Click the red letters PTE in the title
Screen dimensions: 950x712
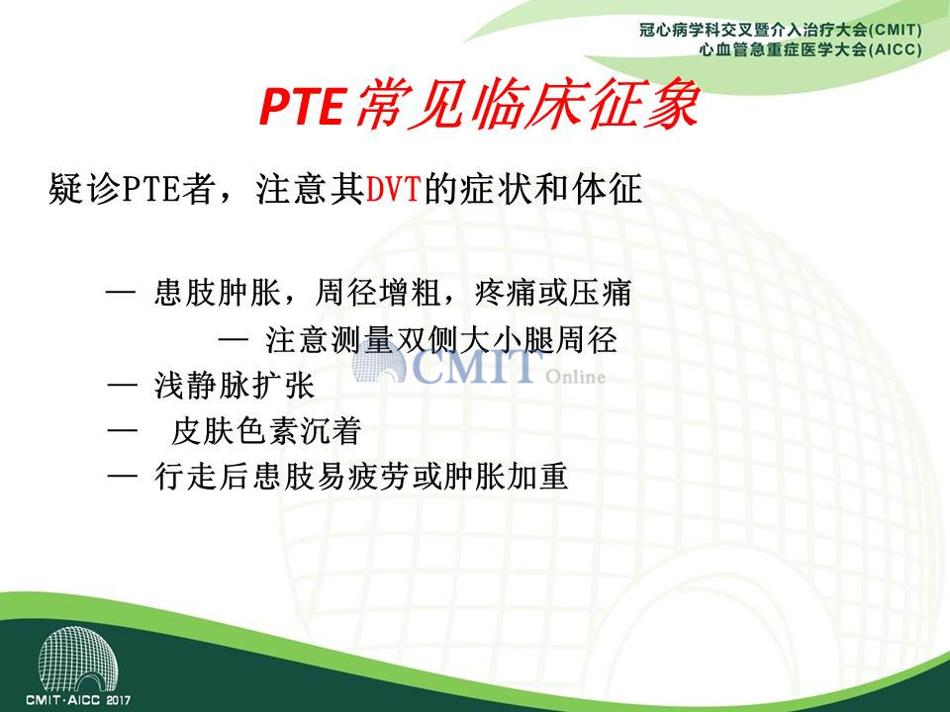[x=302, y=106]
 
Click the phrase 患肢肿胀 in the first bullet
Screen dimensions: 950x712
[x=218, y=293]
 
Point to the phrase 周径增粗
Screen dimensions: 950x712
[x=378, y=293]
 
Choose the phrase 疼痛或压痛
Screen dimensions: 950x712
[x=552, y=293]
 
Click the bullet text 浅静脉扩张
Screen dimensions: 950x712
[x=235, y=386]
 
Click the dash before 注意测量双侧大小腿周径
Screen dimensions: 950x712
[x=234, y=339]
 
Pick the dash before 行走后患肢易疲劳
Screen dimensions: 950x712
[x=122, y=477]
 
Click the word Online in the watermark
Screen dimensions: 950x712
[x=576, y=377]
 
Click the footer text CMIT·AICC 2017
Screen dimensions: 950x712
[x=78, y=700]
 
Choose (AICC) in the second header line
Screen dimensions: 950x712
[x=895, y=49]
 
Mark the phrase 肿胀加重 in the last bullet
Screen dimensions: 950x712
[x=506, y=477]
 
